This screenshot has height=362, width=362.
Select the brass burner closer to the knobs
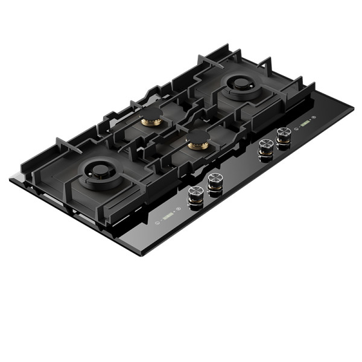tap(198, 143)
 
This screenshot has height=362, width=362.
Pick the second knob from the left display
tap(215, 182)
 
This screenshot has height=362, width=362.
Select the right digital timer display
tap(305, 124)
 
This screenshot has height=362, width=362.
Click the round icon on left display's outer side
tap(156, 222)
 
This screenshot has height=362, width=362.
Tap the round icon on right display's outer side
tap(316, 117)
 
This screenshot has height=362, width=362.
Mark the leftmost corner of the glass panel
tap(10, 179)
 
